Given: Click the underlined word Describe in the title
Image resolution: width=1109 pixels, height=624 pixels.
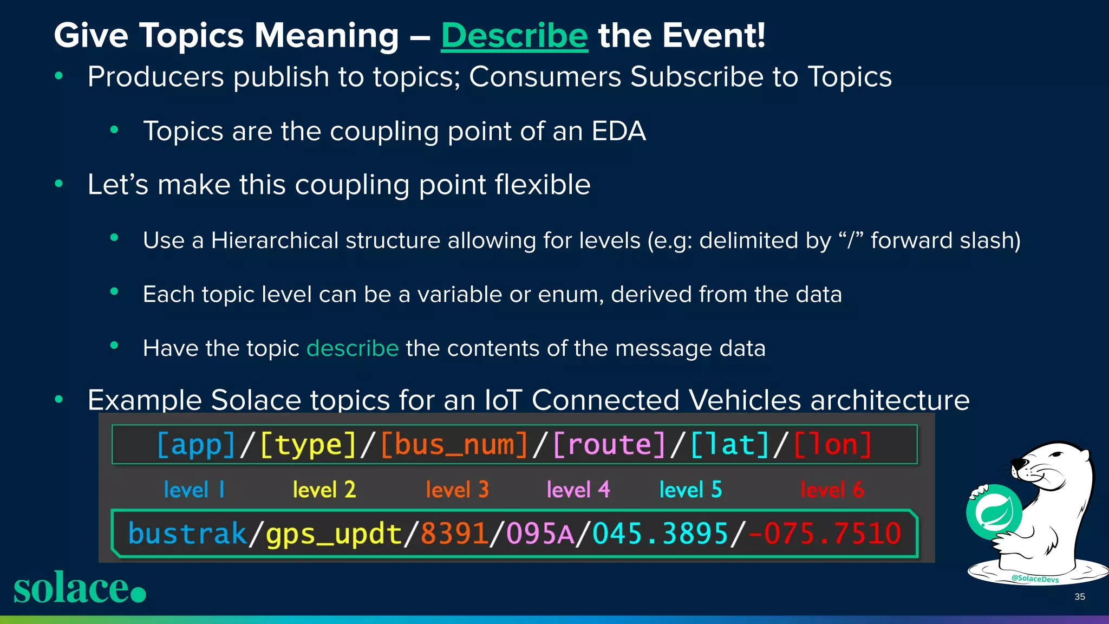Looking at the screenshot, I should (x=514, y=36).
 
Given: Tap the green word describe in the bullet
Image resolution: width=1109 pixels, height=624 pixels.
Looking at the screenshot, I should (x=353, y=348).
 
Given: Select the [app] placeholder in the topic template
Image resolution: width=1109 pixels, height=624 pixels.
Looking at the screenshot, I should (x=196, y=445).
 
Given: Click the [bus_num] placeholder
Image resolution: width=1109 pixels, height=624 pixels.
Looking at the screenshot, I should (x=454, y=445).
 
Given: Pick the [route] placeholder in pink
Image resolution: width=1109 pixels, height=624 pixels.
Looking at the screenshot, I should (x=609, y=445).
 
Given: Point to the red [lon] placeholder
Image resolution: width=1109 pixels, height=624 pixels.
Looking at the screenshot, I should (x=833, y=445).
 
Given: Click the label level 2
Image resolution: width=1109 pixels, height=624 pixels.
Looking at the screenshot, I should (x=324, y=490).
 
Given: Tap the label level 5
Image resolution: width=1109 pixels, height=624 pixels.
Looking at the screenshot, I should (x=690, y=490).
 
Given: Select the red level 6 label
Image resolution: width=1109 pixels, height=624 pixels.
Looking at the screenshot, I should (x=832, y=490).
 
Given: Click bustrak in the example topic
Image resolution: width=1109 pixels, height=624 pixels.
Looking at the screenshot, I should (x=187, y=534).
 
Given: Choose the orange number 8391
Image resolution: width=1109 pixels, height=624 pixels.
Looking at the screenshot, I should (x=454, y=534).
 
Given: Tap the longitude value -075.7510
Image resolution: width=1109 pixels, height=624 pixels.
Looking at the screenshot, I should (x=824, y=534).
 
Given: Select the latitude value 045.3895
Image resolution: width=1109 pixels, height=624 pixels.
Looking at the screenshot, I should (x=660, y=534).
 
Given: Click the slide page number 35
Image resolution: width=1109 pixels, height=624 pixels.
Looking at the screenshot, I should (x=1079, y=596).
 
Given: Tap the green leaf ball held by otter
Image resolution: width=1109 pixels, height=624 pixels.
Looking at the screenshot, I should (x=994, y=512).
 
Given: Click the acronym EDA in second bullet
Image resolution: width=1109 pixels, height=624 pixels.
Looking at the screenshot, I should (x=618, y=131).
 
